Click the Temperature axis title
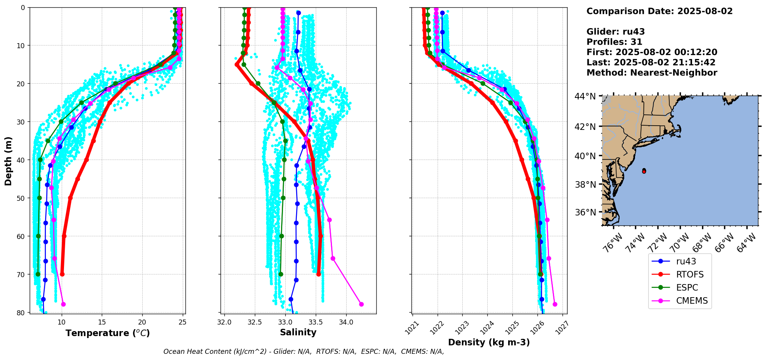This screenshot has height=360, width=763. [108, 333]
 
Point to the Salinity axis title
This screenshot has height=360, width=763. [298, 332]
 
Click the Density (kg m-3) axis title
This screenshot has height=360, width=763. [489, 342]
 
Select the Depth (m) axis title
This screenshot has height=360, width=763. [8, 161]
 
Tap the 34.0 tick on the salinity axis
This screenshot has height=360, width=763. [346, 322]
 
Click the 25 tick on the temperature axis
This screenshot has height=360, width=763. [183, 322]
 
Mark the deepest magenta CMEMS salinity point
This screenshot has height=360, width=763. [361, 304]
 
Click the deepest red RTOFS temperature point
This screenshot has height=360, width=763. [62, 274]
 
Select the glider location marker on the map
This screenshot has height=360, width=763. [644, 171]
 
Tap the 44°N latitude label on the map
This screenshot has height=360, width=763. [585, 96]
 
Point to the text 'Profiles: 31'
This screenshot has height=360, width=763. [614, 42]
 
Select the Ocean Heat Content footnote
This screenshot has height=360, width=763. [303, 352]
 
